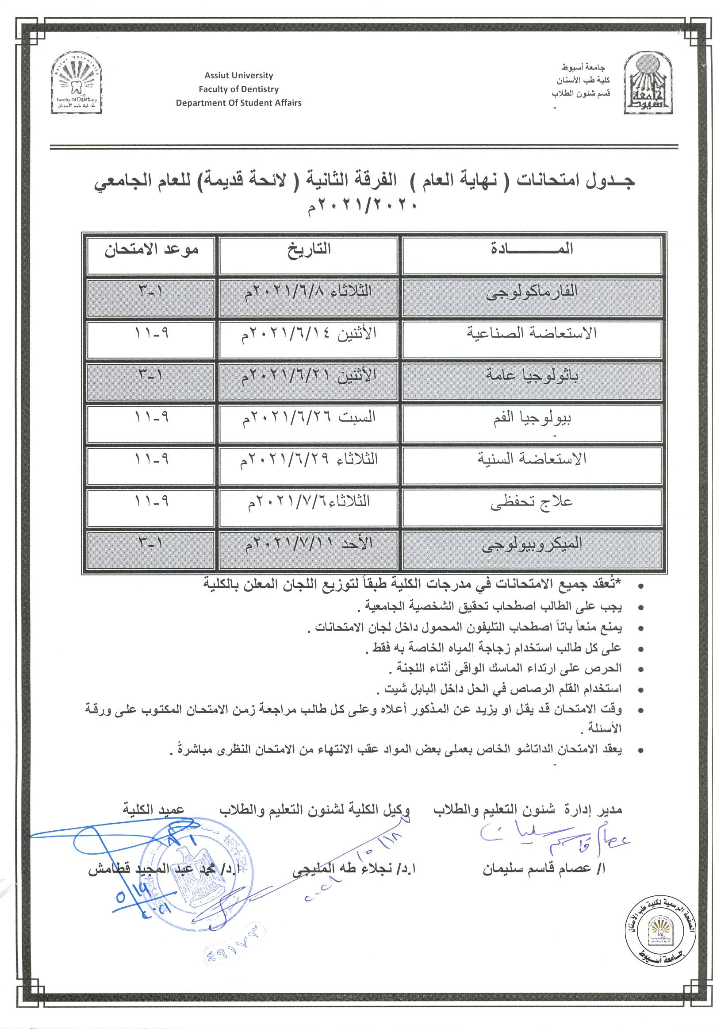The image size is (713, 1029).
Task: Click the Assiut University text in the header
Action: coord(238,76)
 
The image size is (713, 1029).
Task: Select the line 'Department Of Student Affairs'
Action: coord(238,103)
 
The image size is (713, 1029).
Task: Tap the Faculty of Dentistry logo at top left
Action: coord(77,83)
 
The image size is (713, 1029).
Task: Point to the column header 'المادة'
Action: coord(532,249)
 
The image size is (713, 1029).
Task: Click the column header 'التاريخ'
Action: coord(309,249)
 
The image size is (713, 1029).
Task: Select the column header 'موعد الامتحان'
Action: coord(151,250)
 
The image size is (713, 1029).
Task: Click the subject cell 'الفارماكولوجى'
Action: coord(532,293)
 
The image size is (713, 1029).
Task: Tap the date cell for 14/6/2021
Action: coord(309,334)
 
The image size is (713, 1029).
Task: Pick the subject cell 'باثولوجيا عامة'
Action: coord(532,376)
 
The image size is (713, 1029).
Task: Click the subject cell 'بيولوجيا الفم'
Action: coord(532,418)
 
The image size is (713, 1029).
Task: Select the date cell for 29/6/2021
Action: coord(309,460)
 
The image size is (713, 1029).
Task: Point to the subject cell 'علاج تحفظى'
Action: coord(532,502)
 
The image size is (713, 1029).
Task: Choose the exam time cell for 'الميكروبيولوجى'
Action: coord(151,544)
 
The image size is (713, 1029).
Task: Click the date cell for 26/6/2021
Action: coord(309,418)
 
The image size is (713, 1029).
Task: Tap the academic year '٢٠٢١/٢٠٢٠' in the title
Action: coord(362,206)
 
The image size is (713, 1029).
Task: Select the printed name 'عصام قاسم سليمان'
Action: coord(543,869)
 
